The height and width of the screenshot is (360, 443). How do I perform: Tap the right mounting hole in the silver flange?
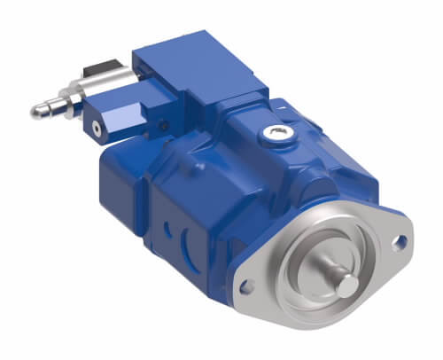click(400, 239)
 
